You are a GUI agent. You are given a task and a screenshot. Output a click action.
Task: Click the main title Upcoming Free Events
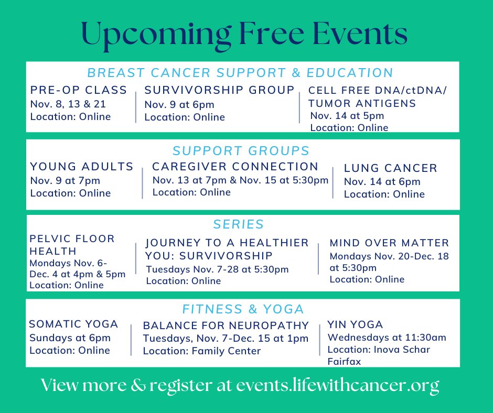coord(245,35)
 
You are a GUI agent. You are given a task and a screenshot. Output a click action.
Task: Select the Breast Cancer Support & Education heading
coord(240,72)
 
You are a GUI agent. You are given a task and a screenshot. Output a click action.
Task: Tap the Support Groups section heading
coord(241,151)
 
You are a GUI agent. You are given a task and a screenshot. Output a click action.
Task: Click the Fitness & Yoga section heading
coord(243,309)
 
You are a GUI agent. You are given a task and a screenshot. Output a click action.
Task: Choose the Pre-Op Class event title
coord(79,90)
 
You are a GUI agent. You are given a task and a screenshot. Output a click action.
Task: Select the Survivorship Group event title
coord(219,90)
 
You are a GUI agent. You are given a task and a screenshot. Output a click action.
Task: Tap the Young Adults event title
coord(82,167)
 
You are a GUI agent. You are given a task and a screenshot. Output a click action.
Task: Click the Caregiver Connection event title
coord(235,167)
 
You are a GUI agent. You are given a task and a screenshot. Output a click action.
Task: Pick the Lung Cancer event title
coord(390,168)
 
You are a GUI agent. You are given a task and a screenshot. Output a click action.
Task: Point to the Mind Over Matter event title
coord(389,243)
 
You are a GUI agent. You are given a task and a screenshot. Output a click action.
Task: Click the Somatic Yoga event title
coord(73,324)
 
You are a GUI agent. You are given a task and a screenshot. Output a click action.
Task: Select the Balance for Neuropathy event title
coord(226,325)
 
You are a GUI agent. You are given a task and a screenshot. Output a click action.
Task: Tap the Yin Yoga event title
coord(355,324)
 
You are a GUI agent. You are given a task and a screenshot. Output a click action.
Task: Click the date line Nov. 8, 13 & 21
coord(68,104)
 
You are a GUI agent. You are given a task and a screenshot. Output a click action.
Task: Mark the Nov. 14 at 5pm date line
coord(347,116)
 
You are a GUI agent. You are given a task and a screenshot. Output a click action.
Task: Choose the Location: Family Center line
coord(201,351)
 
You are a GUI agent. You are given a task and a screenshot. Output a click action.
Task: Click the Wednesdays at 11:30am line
coord(387,338)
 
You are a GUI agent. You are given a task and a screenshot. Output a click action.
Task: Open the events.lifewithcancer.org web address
coord(337,386)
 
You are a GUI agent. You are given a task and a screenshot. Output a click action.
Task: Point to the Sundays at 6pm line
coord(70,338)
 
